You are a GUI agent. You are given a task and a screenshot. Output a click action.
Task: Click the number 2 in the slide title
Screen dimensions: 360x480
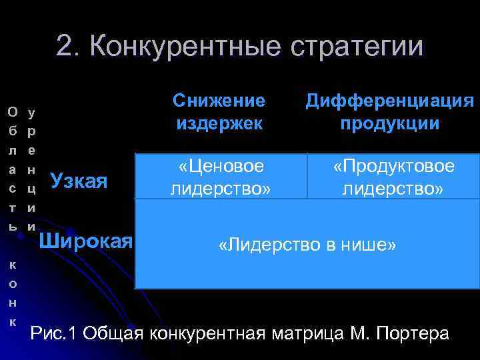click(x=65, y=47)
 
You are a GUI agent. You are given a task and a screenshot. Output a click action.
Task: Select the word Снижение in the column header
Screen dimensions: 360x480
click(x=219, y=101)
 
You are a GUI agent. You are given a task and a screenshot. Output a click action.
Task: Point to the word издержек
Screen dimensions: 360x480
click(x=219, y=123)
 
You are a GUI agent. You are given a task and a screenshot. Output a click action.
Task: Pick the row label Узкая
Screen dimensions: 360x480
click(x=79, y=180)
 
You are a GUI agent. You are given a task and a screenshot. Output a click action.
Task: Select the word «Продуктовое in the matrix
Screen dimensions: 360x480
click(x=394, y=166)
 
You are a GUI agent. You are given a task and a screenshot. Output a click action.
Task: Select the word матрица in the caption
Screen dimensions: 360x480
click(x=299, y=333)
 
